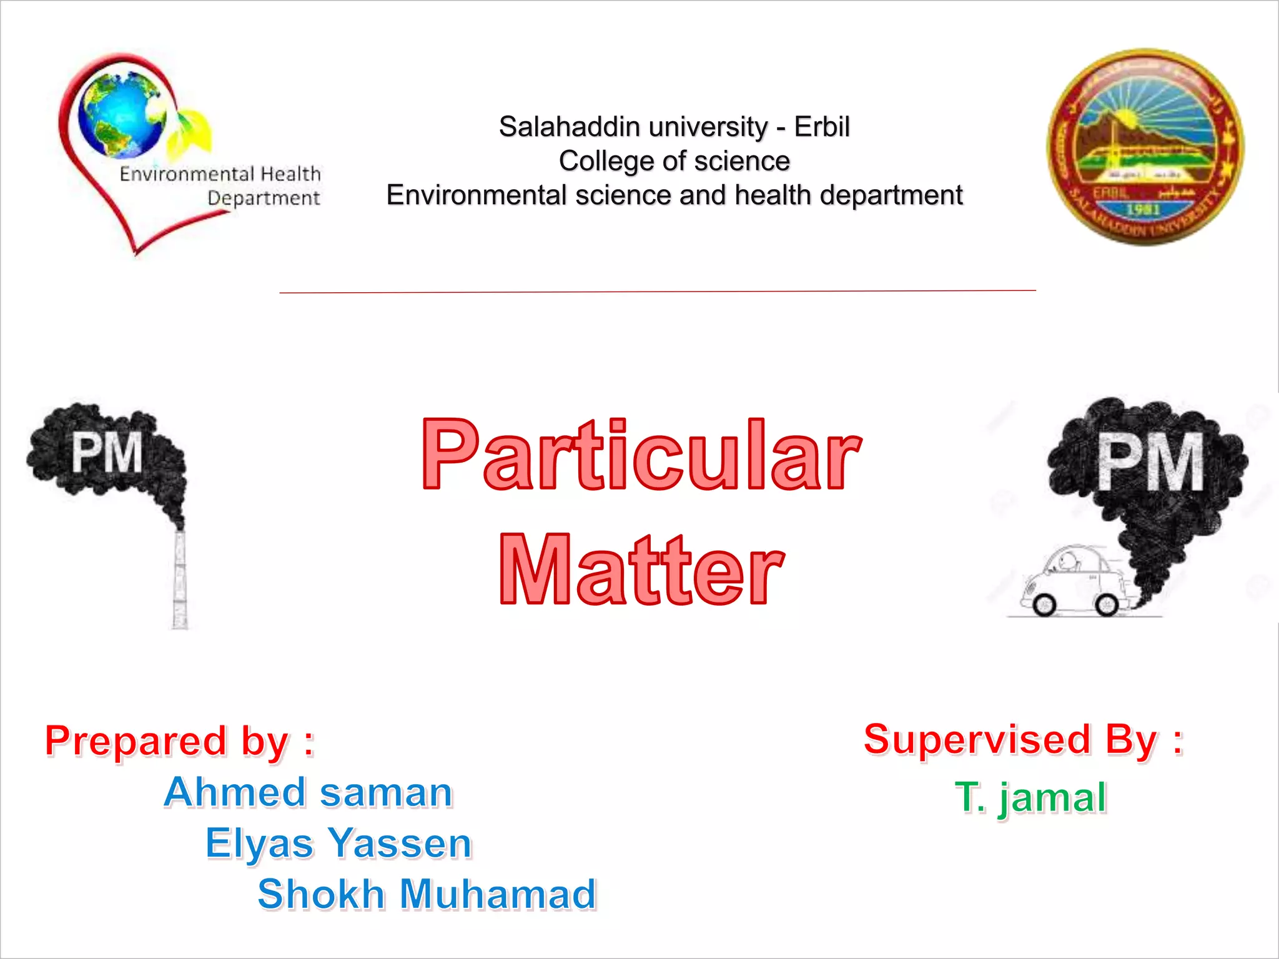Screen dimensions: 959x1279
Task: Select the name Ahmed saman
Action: pos(308,792)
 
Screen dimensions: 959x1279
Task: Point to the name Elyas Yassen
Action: pos(338,843)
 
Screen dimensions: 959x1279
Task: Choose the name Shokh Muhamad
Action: pos(427,893)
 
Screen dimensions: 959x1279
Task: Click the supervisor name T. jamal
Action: pos(1030,797)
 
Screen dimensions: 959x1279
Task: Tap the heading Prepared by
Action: pos(179,741)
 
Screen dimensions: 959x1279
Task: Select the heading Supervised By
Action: pos(1023,739)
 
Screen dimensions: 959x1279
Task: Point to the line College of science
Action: pos(674,161)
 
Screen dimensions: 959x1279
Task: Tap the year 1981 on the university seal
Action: pos(1143,210)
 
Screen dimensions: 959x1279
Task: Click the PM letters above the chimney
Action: pos(107,453)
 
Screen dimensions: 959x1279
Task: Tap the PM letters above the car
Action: pos(1150,463)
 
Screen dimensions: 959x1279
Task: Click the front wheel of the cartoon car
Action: pos(1044,604)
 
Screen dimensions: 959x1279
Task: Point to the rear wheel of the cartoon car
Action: pos(1107,604)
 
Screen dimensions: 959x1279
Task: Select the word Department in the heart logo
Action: pos(264,198)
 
